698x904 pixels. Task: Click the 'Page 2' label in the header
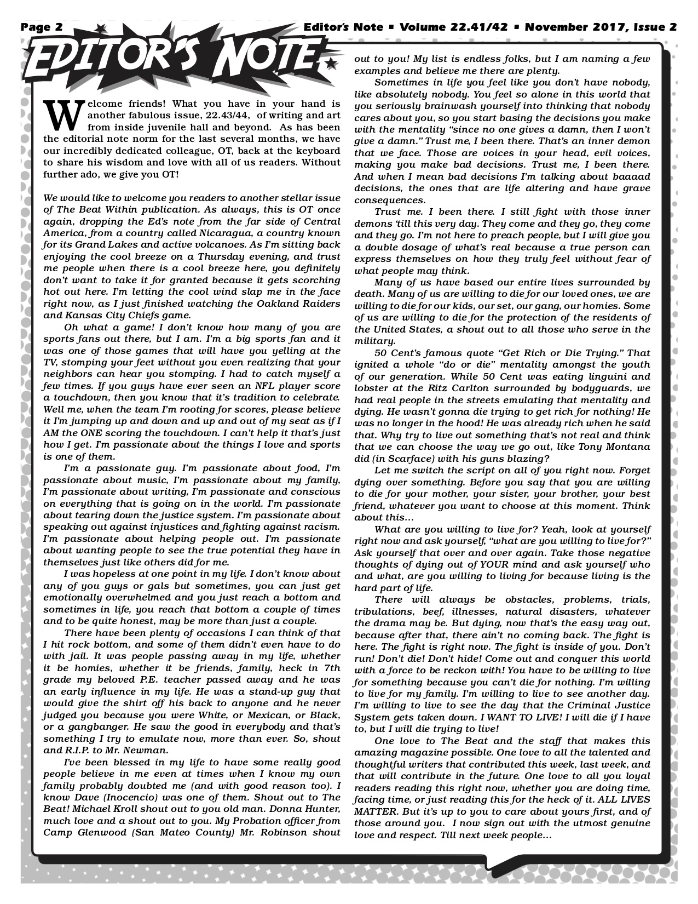(x=42, y=27)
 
